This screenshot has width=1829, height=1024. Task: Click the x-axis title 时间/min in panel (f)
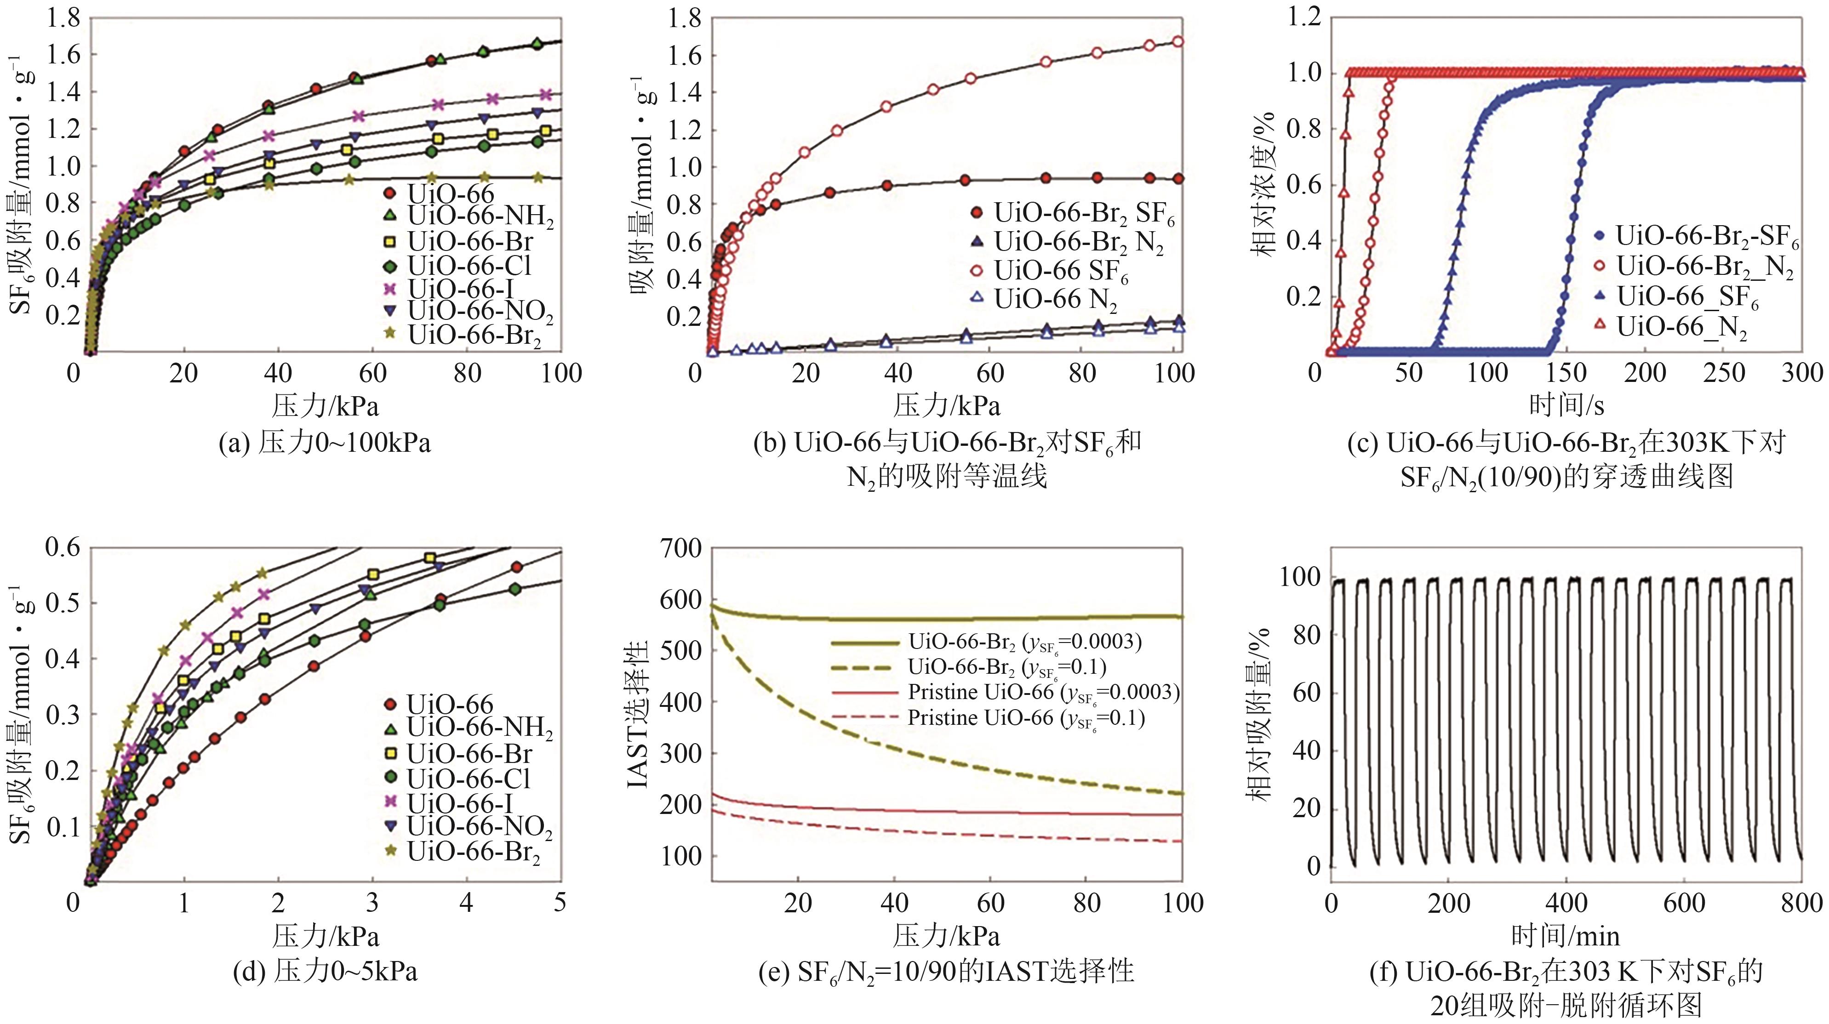pos(1565,937)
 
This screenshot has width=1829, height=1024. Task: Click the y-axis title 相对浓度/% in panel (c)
pos(1264,184)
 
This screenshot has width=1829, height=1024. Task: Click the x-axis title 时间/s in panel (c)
pos(1566,405)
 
